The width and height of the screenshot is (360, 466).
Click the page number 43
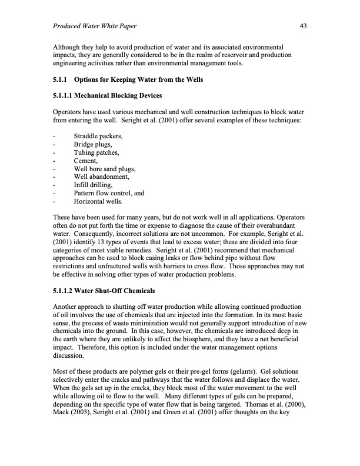pos(304,26)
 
